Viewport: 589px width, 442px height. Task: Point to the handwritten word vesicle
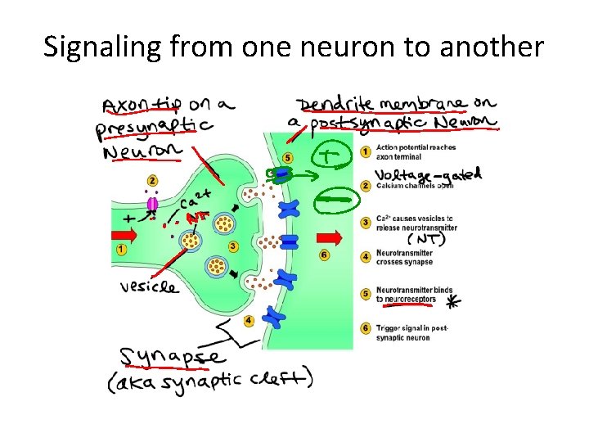[x=148, y=287]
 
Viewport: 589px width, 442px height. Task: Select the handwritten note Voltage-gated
[x=428, y=175]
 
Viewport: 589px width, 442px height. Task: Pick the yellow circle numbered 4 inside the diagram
[x=249, y=320]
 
